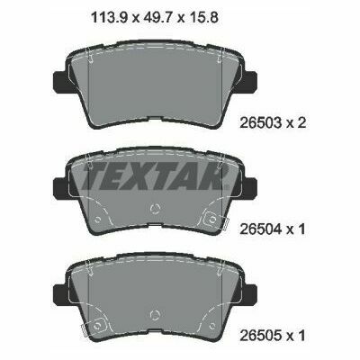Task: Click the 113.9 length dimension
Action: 109,17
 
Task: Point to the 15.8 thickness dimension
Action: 202,17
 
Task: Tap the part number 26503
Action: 261,122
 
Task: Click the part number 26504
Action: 261,229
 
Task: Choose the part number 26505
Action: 261,336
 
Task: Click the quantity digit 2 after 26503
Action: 301,122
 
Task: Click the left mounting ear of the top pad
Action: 59,80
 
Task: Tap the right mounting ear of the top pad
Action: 250,80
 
